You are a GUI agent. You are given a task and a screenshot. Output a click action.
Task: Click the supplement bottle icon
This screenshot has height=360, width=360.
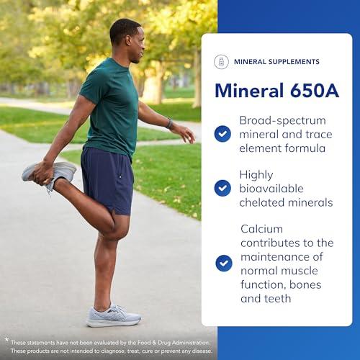(x=221, y=62)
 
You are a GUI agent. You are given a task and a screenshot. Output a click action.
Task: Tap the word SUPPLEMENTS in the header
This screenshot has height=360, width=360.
(x=294, y=62)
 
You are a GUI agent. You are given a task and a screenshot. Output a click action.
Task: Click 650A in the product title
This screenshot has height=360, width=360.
(x=315, y=91)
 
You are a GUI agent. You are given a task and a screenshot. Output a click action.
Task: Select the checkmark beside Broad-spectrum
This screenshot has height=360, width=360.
(x=222, y=134)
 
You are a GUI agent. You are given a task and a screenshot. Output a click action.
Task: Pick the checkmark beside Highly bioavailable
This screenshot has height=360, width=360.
(x=222, y=188)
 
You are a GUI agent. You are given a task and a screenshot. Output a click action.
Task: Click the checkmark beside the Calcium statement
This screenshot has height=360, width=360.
(x=224, y=264)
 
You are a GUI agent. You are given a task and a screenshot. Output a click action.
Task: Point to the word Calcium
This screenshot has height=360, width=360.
(x=261, y=229)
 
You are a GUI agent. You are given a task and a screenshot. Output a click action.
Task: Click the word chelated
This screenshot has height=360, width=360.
(x=262, y=202)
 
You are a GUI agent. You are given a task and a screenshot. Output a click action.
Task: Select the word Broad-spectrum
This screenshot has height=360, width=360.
(x=282, y=121)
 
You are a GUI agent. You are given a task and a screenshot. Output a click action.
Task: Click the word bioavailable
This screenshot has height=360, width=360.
(x=271, y=189)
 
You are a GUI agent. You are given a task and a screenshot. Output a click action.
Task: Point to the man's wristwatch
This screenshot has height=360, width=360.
(x=170, y=124)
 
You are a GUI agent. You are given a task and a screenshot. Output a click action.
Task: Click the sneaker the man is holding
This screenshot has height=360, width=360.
(x=49, y=173)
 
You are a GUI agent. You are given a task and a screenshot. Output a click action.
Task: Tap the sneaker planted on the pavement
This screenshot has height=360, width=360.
(x=114, y=316)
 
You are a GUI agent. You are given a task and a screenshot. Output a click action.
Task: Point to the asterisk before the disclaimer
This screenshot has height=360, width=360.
(x=6, y=339)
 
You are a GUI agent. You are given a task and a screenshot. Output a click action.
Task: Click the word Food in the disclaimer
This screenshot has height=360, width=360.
(x=143, y=343)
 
